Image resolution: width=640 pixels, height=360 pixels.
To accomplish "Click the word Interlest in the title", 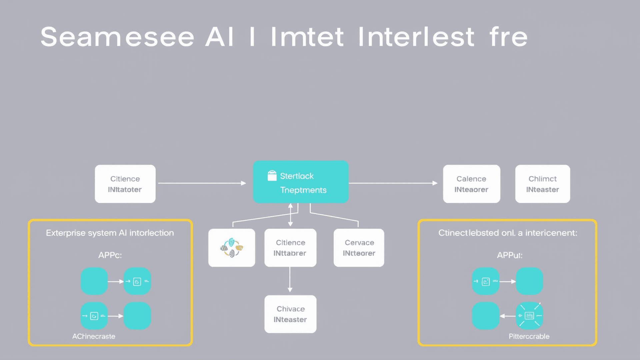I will [x=416, y=37].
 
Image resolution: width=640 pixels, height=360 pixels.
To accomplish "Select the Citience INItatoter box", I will [x=125, y=184].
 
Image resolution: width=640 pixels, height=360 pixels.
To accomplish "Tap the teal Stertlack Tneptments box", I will [x=301, y=182].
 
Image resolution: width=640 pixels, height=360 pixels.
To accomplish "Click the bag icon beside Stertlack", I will [x=272, y=176].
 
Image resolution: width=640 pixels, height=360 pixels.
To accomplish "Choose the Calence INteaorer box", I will [x=471, y=184].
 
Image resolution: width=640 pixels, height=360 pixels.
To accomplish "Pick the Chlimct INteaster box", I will [x=542, y=184].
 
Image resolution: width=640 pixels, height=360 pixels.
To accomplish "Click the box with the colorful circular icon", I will [x=232, y=248].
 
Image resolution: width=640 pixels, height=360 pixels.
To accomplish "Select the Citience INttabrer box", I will [x=290, y=248].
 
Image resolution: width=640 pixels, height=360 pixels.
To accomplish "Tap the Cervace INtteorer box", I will [x=359, y=248].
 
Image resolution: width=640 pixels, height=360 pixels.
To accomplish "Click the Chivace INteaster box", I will [x=290, y=314].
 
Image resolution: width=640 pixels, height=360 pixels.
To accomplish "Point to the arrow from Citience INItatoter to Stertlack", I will [x=202, y=183].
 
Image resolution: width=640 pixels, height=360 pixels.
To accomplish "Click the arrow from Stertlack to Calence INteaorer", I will [x=393, y=183].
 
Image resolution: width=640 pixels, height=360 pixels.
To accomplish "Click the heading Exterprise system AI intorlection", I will [x=110, y=233].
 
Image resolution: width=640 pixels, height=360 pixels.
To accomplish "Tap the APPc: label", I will [x=110, y=255].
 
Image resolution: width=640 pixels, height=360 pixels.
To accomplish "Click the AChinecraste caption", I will [x=94, y=336].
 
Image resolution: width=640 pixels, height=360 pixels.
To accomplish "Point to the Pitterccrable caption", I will [x=529, y=336].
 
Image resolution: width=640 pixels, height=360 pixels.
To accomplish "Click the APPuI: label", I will [x=509, y=255].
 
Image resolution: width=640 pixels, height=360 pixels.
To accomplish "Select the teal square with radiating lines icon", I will [x=529, y=316].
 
